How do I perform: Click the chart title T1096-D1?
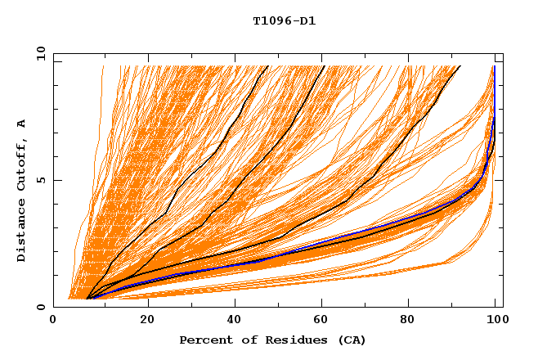pos(284,21)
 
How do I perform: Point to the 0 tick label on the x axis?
pos(53,320)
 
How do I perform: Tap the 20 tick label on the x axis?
pos(142,320)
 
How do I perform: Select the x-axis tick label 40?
pos(231,320)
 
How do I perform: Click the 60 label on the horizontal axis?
pos(320,320)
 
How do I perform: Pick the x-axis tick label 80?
pos(409,320)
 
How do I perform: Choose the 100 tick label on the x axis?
pos(495,320)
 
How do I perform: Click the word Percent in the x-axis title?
pos(202,340)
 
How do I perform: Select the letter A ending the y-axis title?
pos(21,123)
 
